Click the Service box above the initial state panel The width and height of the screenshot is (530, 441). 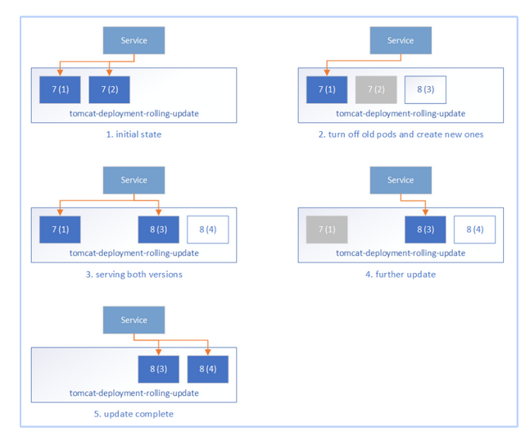click(x=134, y=40)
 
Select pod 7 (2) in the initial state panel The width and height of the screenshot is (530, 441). click(x=109, y=89)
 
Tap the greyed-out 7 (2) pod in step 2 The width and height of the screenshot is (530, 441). click(x=376, y=89)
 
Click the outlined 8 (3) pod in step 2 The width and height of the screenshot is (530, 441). click(x=425, y=89)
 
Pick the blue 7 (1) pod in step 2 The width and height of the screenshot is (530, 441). click(x=327, y=89)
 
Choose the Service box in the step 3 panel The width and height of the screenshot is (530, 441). click(x=134, y=180)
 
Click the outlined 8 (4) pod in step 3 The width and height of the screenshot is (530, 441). click(x=207, y=230)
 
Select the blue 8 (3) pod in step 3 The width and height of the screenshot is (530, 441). click(x=158, y=230)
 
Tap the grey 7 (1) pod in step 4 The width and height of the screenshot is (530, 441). click(x=327, y=230)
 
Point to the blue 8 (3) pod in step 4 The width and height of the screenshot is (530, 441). click(x=425, y=230)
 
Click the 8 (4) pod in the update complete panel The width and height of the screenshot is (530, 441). click(x=207, y=369)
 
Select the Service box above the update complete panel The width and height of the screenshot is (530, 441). click(x=134, y=320)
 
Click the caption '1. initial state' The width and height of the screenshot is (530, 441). click(x=134, y=134)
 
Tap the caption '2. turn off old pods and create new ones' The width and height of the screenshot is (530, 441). click(x=401, y=134)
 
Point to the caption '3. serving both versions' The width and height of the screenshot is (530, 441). click(x=134, y=274)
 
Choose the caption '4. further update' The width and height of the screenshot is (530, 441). click(x=401, y=274)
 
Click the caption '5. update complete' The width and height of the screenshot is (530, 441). click(x=134, y=414)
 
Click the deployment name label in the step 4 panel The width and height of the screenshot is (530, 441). click(x=401, y=253)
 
